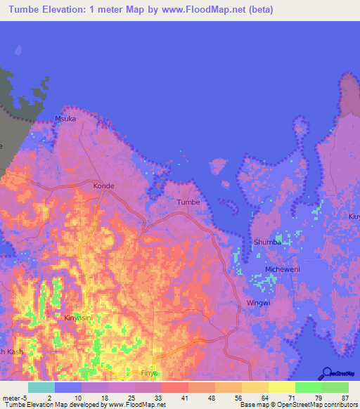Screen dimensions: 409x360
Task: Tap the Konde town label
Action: [x=103, y=186]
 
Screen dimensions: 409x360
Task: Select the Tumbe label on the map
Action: [x=188, y=202]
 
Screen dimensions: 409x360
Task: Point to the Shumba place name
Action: [x=267, y=242]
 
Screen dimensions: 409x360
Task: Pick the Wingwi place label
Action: [x=258, y=303]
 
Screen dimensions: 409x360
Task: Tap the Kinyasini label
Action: [x=80, y=318]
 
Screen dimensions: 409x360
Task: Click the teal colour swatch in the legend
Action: [x=41, y=387]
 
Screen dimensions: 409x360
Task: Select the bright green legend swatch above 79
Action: [x=309, y=387]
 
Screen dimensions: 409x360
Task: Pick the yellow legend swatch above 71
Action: [x=282, y=387]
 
